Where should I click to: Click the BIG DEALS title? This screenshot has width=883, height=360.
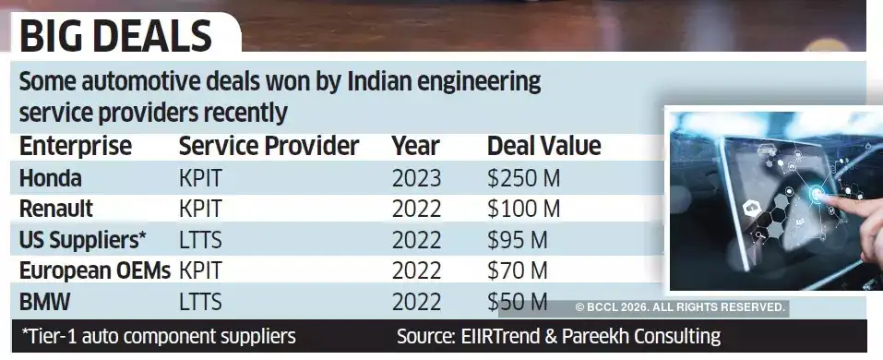coord(115,37)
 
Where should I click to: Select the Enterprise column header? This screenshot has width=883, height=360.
coord(76,146)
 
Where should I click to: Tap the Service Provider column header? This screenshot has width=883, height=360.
coord(268,146)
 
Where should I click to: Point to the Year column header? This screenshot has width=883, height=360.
coord(416,146)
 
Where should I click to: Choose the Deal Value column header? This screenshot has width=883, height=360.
coord(543,146)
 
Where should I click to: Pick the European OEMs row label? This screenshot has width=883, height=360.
coord(95,271)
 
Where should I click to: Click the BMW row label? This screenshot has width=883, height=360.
coord(45,302)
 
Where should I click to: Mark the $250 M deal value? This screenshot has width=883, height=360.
coord(524,177)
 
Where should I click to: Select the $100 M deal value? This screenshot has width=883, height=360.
coord(524,209)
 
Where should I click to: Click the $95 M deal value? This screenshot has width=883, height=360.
coord(518,240)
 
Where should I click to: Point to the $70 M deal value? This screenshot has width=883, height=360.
coord(518,271)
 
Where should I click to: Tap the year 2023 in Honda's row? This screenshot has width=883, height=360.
coord(416,177)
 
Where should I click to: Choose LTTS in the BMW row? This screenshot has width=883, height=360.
coord(200,302)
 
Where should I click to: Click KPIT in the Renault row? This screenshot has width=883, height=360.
coord(200,209)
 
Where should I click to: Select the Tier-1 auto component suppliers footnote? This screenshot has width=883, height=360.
coord(158,336)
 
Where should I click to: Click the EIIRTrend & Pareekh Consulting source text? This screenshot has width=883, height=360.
coord(558,336)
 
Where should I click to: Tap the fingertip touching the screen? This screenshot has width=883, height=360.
coord(819,195)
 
